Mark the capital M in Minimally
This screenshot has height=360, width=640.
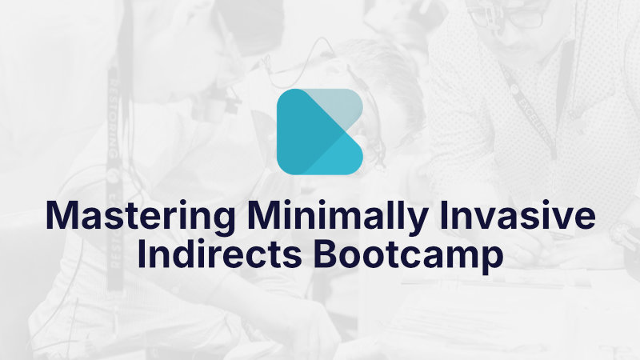pos(265,217)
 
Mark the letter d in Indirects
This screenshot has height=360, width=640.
pos(185,254)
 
